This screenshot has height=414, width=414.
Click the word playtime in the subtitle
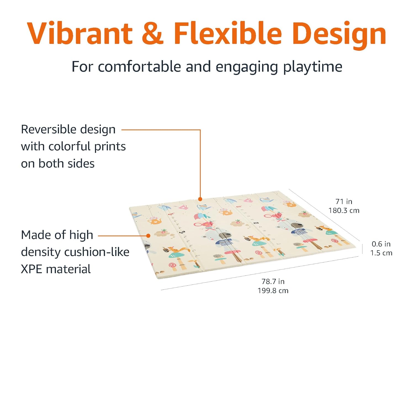(313, 67)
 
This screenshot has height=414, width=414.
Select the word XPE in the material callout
(31, 269)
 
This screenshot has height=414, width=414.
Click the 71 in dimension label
(344, 201)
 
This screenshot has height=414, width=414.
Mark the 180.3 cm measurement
(344, 211)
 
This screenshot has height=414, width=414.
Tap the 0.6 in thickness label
(381, 244)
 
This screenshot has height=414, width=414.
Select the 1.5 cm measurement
(381, 253)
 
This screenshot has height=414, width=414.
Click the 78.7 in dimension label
(273, 282)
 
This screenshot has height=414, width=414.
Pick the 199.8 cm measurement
(273, 291)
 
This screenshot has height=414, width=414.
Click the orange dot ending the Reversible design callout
(200, 199)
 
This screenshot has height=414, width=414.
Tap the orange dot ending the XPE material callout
(148, 236)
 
